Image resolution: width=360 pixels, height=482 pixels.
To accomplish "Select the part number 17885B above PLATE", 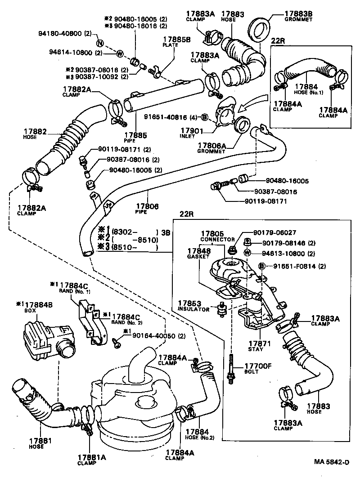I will coord(177,39).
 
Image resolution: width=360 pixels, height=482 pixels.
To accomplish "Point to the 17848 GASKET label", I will coord(198,253).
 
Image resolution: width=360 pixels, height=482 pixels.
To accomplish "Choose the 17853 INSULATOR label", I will coord(193,307).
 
